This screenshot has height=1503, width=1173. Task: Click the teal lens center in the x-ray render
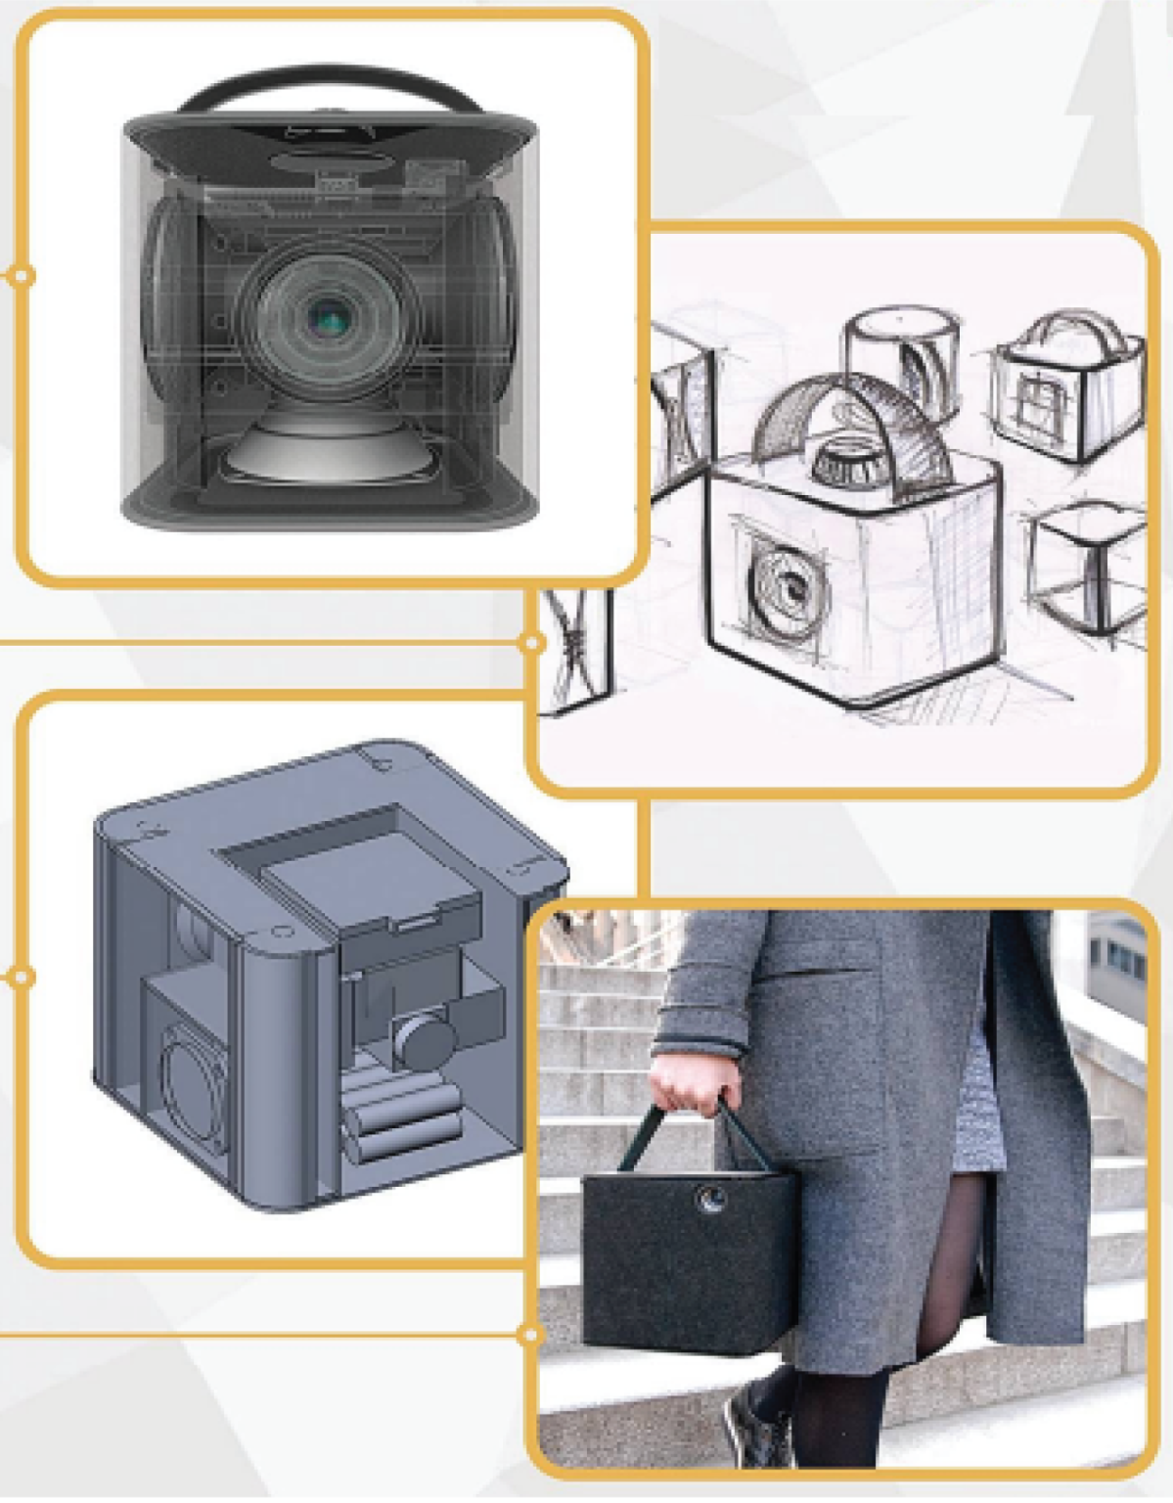[x=328, y=316]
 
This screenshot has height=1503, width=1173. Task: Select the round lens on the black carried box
[x=707, y=1196]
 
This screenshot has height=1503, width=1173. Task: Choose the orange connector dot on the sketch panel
[x=532, y=642]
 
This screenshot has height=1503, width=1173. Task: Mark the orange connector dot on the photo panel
[x=532, y=1333]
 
